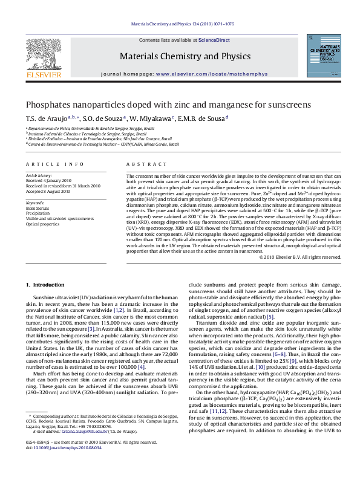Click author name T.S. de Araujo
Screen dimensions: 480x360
(46, 118)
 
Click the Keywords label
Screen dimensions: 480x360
(36, 203)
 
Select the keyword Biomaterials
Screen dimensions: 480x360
(38, 207)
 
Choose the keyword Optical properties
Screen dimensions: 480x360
(42, 224)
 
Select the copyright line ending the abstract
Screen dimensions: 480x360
(300, 256)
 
